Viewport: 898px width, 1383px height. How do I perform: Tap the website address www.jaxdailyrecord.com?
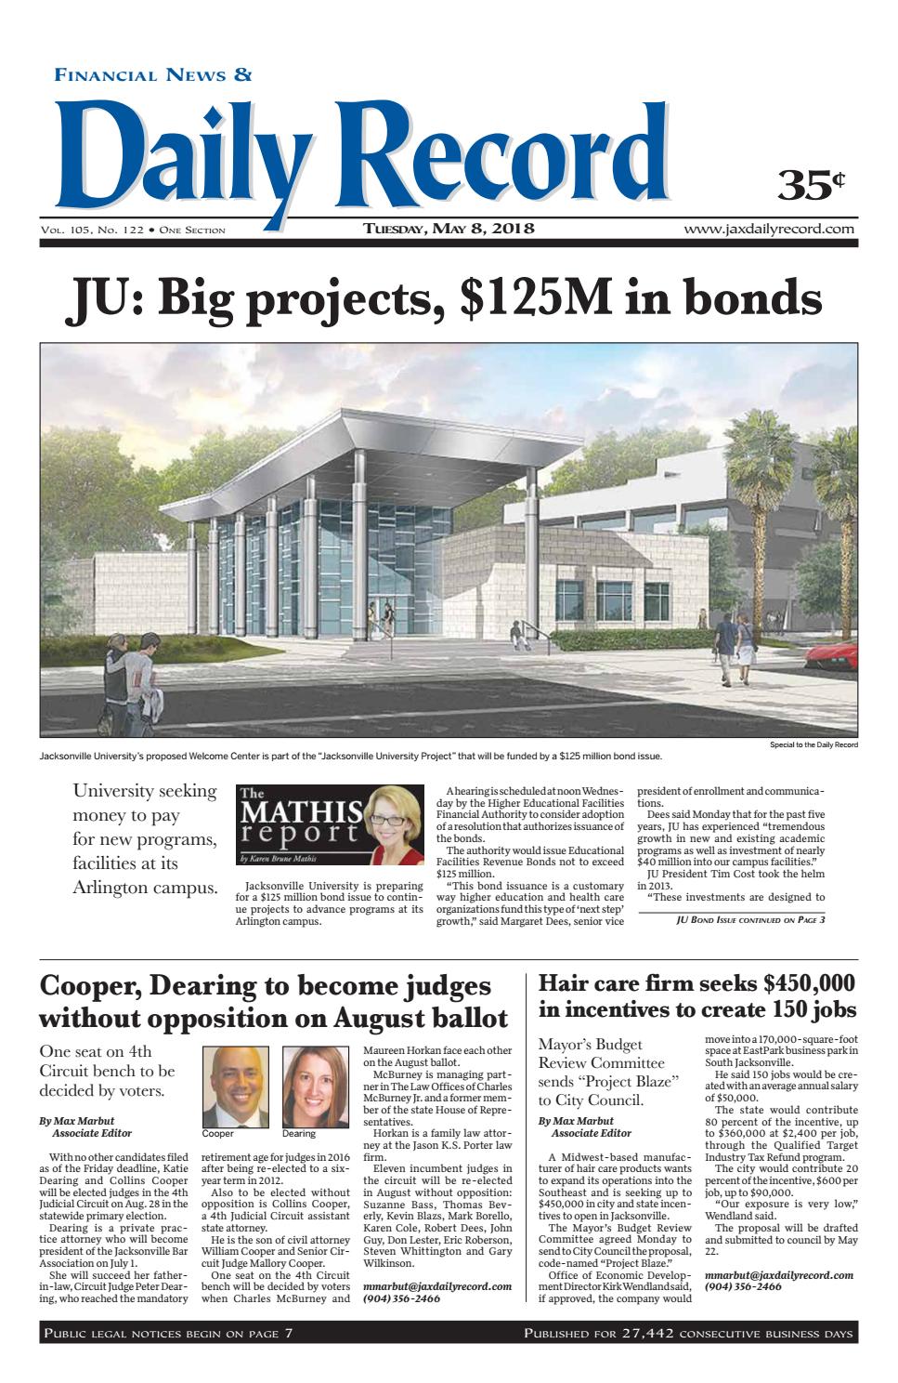tap(769, 229)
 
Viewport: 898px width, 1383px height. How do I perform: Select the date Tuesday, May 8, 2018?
tap(449, 229)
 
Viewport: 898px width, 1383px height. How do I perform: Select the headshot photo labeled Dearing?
tap(316, 1087)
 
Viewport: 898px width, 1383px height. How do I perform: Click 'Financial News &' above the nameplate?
tap(153, 75)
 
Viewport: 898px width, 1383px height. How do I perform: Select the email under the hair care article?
tap(778, 1274)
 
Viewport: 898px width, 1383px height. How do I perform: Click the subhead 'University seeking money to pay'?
tap(144, 803)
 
